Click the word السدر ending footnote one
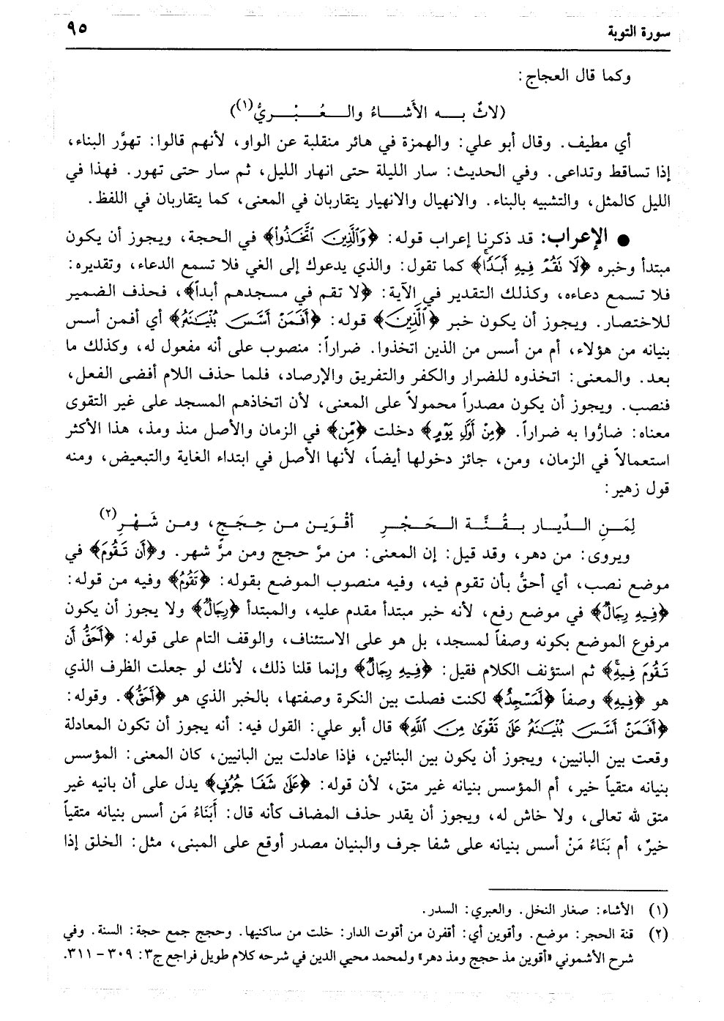click(438, 911)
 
